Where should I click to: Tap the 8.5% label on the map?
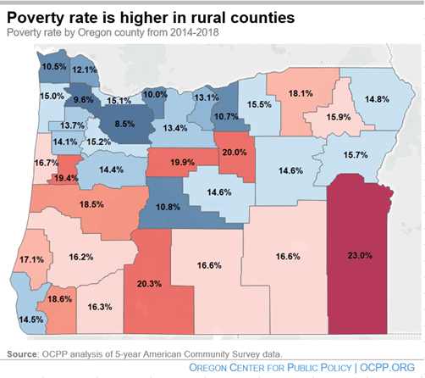pyautogui.click(x=124, y=124)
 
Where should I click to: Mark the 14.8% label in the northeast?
pyautogui.click(x=377, y=99)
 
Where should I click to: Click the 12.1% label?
pyautogui.click(x=84, y=69)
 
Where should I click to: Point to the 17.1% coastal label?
pyautogui.click(x=32, y=258)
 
